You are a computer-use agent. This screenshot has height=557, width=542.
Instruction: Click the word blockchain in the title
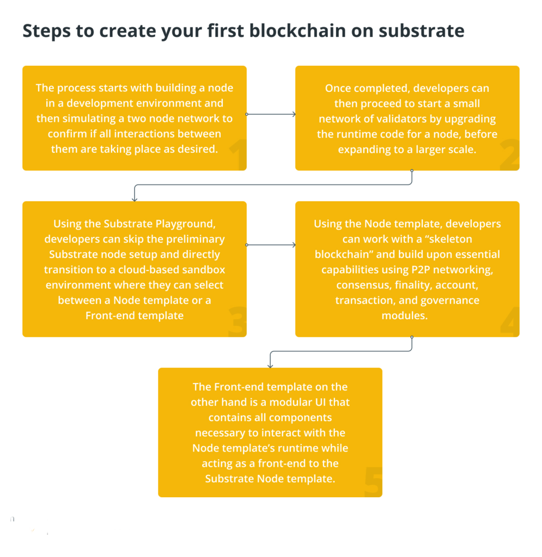click(297, 30)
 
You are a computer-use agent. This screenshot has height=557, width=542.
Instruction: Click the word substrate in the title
click(422, 31)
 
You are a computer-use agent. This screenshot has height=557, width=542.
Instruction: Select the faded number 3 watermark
click(237, 321)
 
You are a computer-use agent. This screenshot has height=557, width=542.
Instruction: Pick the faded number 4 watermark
click(510, 321)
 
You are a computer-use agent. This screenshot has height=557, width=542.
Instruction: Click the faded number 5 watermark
click(374, 481)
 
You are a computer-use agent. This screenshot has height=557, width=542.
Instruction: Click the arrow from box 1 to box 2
click(271, 114)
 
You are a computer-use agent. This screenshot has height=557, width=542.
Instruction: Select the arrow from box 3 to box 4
click(271, 245)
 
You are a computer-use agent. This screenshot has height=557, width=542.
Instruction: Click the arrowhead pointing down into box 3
click(135, 200)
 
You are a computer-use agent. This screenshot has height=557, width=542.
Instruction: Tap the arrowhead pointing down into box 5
click(270, 366)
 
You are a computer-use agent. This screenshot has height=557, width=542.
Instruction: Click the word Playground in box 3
click(185, 224)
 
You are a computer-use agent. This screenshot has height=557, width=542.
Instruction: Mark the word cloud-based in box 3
click(149, 270)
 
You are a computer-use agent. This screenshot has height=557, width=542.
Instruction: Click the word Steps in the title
click(47, 31)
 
